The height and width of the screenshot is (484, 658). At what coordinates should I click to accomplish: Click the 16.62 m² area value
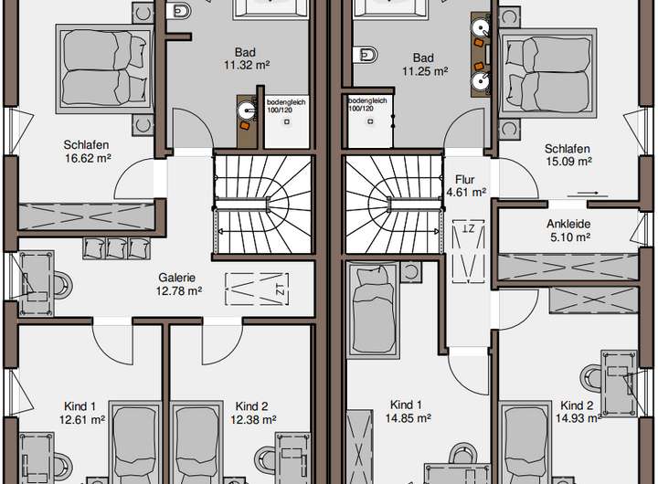[x=87, y=157]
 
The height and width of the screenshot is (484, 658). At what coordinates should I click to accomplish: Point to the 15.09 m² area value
[x=568, y=162]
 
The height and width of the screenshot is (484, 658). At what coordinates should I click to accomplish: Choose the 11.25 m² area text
[x=423, y=69]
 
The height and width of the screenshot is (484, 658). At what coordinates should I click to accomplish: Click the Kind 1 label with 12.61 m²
[x=80, y=406]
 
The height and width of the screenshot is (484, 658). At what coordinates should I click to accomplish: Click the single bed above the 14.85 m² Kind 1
[x=371, y=306]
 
